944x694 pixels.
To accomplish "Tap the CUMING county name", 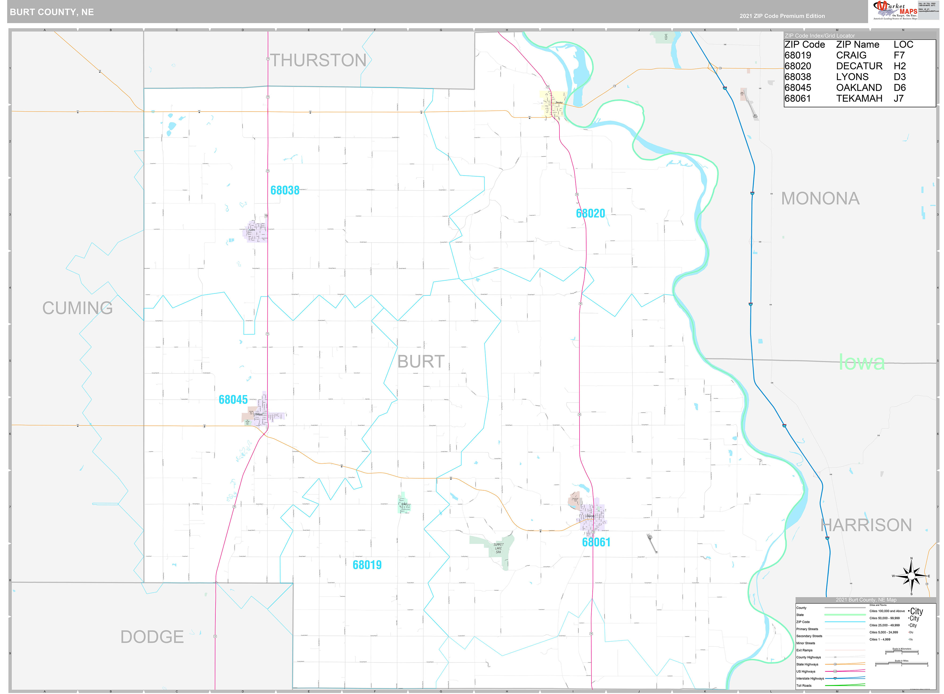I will (x=77, y=308).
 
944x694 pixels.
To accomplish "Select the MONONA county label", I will (x=820, y=198).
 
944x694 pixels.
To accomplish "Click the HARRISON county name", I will (x=866, y=525).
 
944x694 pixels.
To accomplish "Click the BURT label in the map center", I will (x=421, y=362).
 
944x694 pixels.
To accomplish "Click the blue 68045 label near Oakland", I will (x=233, y=400).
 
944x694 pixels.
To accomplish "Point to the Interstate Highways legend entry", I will (x=810, y=679).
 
